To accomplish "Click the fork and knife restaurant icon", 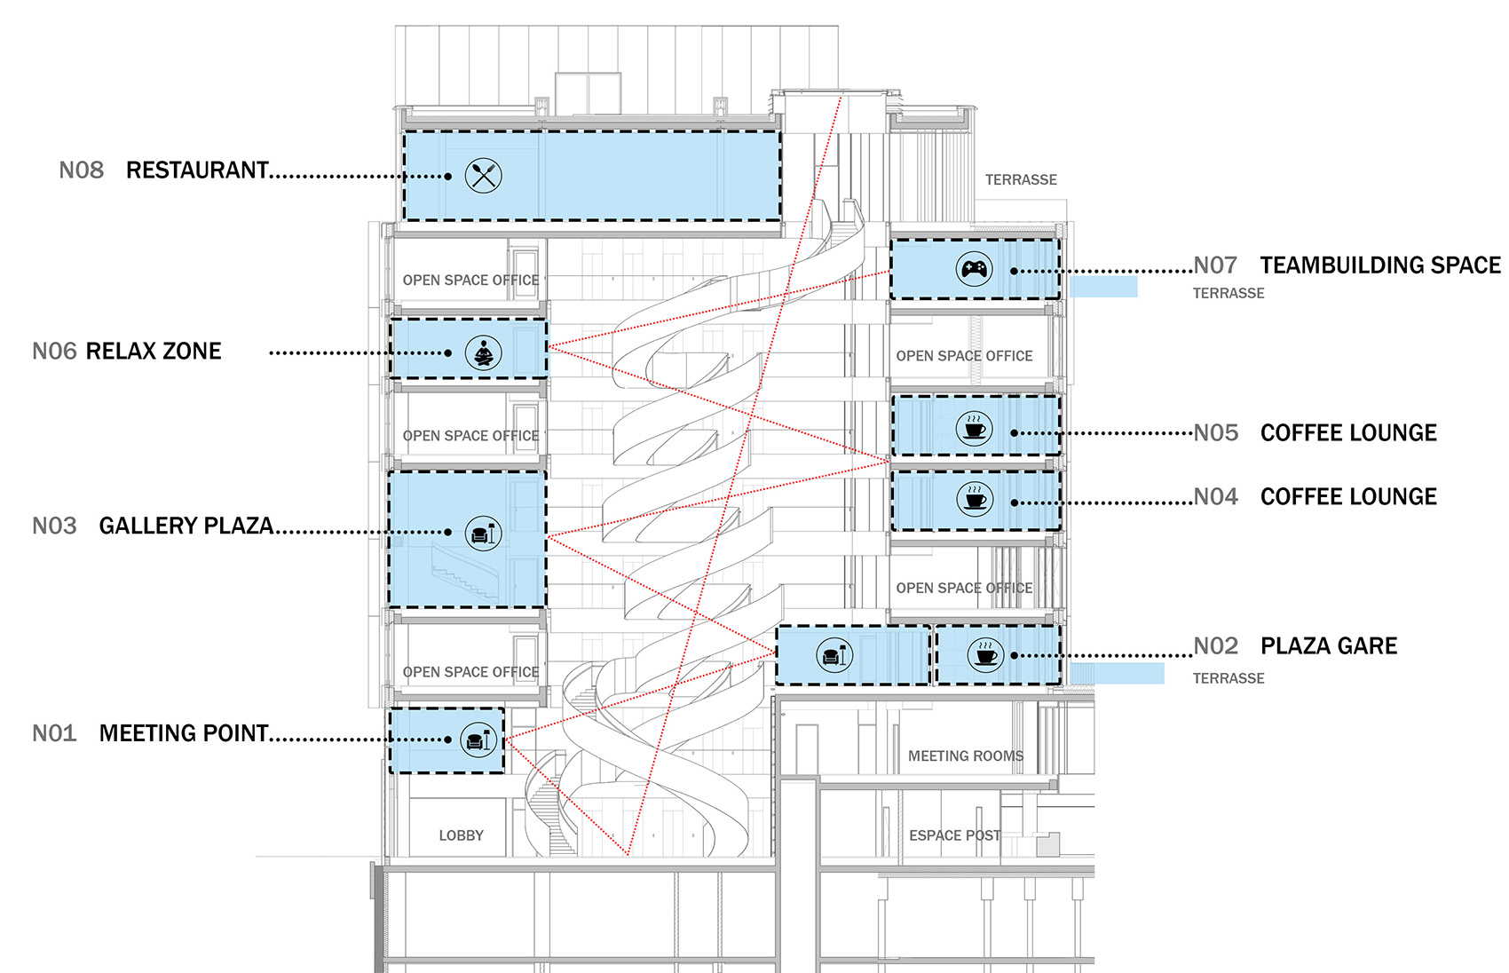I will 484,176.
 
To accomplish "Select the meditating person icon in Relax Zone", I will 483,353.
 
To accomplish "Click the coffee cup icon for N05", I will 975,429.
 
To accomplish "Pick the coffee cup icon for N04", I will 975,499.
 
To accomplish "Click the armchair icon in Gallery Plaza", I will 483,534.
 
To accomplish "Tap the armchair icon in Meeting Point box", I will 478,740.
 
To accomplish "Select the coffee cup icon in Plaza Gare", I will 985,656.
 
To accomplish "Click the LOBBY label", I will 461,835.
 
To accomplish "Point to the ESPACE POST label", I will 954,835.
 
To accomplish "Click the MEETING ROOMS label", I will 965,756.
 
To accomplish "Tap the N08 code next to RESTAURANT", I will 81,170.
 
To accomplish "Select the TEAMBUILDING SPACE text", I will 1379,265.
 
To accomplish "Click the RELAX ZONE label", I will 154,352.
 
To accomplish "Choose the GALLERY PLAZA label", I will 186,526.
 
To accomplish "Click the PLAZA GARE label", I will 1329,646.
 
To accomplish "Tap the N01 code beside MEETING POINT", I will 54,733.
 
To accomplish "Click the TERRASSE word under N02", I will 1228,678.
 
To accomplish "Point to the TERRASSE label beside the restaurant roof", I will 1021,180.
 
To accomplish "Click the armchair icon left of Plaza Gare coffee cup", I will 834,656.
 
